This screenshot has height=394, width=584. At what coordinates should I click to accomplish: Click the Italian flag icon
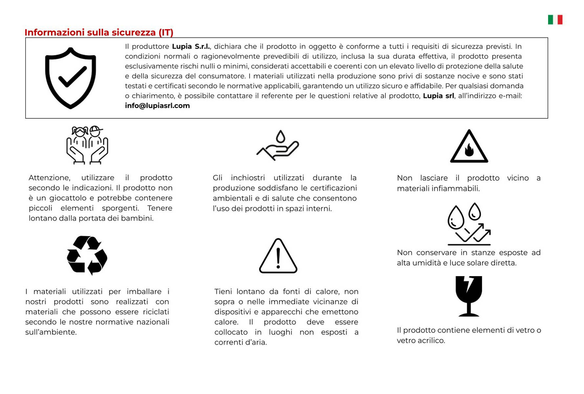[555, 20]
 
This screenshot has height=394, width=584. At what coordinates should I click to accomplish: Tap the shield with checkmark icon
[71, 78]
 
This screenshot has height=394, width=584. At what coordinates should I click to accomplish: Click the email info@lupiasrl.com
[157, 106]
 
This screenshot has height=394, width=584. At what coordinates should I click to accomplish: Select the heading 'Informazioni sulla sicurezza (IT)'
[99, 33]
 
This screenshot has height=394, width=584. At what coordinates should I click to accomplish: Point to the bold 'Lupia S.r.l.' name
[191, 47]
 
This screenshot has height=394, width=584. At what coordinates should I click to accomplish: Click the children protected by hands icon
[87, 145]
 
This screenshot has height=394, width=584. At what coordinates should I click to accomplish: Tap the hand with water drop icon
[278, 145]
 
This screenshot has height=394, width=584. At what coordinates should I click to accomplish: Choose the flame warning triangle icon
[469, 147]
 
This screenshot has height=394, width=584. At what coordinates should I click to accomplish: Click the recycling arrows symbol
[87, 255]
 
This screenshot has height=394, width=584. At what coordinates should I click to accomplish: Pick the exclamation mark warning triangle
[278, 256]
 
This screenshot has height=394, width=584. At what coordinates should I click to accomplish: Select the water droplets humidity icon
[469, 224]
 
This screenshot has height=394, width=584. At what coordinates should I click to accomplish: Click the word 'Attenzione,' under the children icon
[50, 178]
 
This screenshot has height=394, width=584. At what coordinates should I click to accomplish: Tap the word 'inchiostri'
[248, 178]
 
